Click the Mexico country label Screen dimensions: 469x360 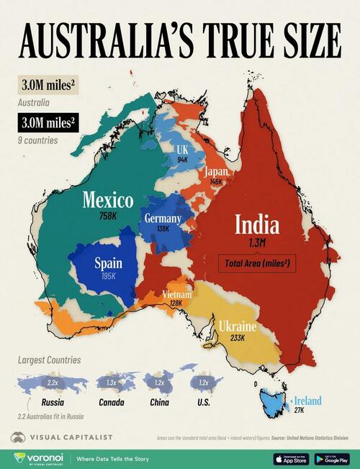click(107, 199)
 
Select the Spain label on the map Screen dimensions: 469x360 click(108, 263)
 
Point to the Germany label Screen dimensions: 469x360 click(163, 218)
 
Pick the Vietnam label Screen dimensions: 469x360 click(176, 295)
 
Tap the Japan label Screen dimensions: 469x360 click(216, 172)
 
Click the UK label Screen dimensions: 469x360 click(183, 149)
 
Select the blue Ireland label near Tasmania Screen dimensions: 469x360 click(307, 401)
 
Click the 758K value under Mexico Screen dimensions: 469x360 click(107, 215)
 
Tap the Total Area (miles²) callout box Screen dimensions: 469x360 click(257, 264)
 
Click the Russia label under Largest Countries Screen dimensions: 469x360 click(50, 403)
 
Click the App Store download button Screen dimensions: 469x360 click(291, 457)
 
